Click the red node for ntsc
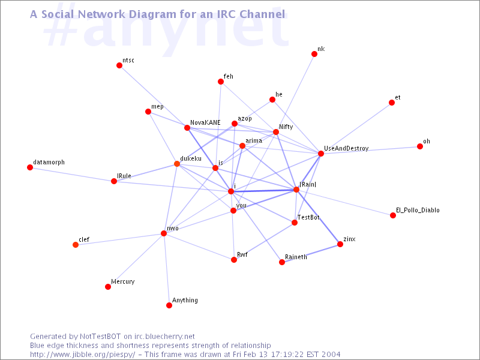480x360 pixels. pyautogui.click(x=119, y=65)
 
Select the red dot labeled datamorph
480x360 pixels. pyautogui.click(x=30, y=167)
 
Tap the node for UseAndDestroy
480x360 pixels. pyautogui.click(x=321, y=154)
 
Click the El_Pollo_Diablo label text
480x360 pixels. pyautogui.click(x=418, y=211)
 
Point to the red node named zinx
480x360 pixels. pyautogui.click(x=340, y=244)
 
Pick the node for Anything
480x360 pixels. pyautogui.click(x=169, y=305)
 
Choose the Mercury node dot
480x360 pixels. pyautogui.click(x=108, y=287)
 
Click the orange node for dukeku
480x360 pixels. pyautogui.click(x=177, y=164)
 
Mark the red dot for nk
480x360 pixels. pyautogui.click(x=314, y=54)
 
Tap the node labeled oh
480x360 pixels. pyautogui.click(x=420, y=146)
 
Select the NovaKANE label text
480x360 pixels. pyautogui.click(x=205, y=122)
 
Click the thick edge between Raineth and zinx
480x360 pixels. pyautogui.click(x=311, y=253)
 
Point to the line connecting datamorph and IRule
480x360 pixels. pyautogui.click(x=72, y=174)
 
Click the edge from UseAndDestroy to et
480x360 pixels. pyautogui.click(x=356, y=128)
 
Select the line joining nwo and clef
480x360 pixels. pyautogui.click(x=119, y=239)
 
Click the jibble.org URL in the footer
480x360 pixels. pyautogui.click(x=82, y=355)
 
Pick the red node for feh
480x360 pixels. pyautogui.click(x=221, y=82)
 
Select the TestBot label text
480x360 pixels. pyautogui.click(x=308, y=217)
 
